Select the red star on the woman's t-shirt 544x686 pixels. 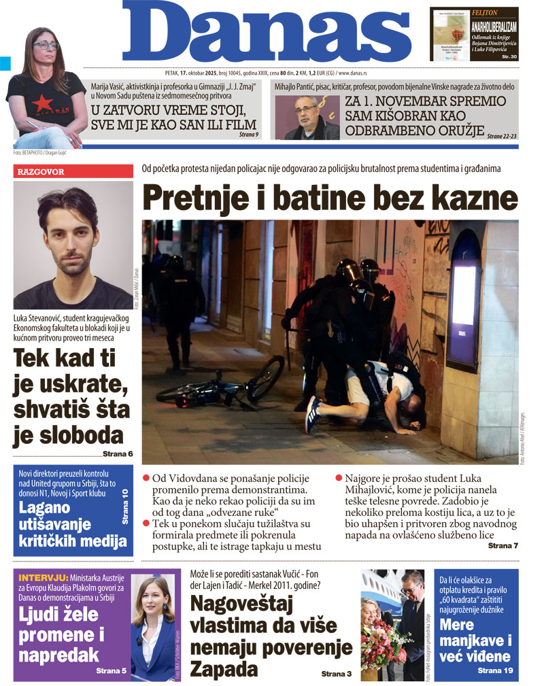pyautogui.click(x=42, y=103)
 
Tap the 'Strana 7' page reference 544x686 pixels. pyautogui.click(x=503, y=545)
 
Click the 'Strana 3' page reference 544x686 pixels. pyautogui.click(x=337, y=673)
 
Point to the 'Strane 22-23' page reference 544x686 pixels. pyautogui.click(x=501, y=136)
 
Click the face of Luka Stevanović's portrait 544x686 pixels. pyautogui.click(x=72, y=235)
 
